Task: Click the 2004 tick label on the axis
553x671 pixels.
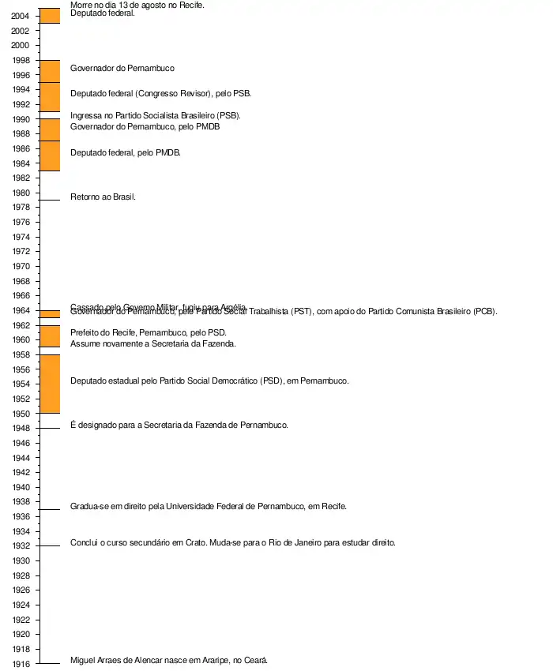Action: point(21,16)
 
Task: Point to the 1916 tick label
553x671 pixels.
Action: point(21,664)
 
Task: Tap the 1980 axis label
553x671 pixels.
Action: point(21,193)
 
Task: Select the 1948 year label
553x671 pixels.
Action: point(21,429)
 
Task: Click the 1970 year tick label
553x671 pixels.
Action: point(21,267)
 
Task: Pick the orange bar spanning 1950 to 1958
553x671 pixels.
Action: point(50,384)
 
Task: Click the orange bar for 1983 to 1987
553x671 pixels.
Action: point(50,156)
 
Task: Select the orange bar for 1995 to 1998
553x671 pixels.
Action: point(50,71)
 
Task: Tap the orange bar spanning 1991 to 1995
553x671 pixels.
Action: point(50,97)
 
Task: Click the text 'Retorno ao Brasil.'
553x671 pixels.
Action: point(103,197)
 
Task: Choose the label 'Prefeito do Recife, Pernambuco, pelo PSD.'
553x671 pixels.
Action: point(148,332)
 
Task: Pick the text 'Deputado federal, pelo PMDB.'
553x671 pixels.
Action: point(125,152)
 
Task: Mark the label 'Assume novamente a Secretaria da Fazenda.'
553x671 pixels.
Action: point(153,343)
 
